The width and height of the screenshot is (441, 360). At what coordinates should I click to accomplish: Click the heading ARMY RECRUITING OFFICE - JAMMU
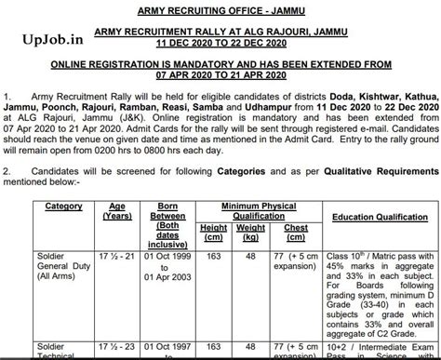220,10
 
